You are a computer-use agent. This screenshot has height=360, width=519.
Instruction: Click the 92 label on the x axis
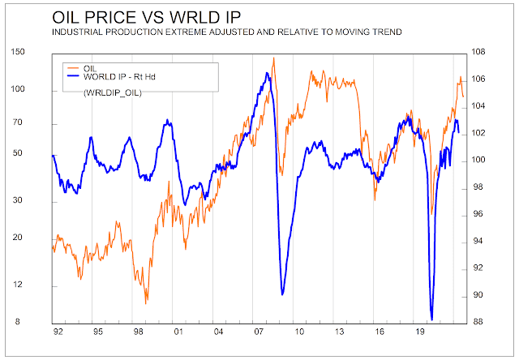click(x=56, y=332)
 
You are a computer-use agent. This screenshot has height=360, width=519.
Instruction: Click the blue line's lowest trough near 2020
click(x=431, y=319)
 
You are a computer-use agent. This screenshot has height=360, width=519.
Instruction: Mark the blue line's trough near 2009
click(x=282, y=294)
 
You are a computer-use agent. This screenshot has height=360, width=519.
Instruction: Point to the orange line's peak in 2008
click(x=273, y=58)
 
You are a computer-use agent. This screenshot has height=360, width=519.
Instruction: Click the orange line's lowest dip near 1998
click(x=146, y=303)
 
